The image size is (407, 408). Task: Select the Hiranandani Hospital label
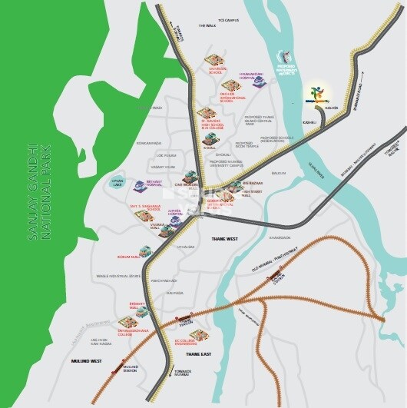[x=253, y=75]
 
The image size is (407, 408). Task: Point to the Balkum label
[x=278, y=174]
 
